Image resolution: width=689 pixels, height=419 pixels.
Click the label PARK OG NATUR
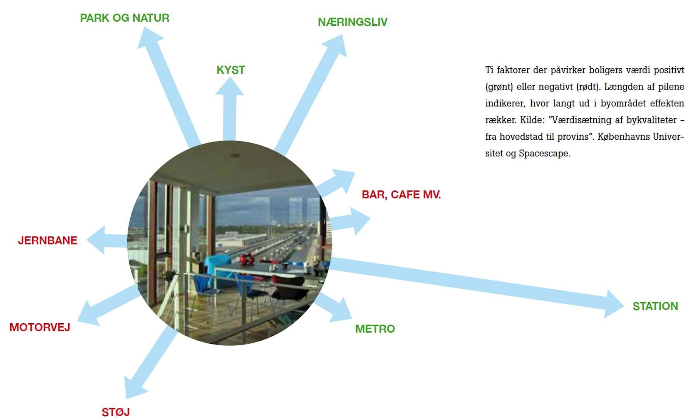[124, 18]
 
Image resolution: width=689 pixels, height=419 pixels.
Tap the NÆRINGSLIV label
[352, 22]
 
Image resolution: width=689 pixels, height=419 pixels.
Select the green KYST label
[231, 70]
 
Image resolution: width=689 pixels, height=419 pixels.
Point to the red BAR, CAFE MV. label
[401, 194]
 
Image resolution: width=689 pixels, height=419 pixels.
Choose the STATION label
[655, 306]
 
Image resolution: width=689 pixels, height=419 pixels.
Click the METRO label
[375, 329]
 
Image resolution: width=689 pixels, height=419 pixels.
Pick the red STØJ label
[116, 412]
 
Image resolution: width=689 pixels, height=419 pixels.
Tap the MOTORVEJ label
[40, 327]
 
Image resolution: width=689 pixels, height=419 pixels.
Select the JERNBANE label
[48, 240]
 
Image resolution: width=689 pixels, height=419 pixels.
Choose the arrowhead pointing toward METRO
[341, 310]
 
